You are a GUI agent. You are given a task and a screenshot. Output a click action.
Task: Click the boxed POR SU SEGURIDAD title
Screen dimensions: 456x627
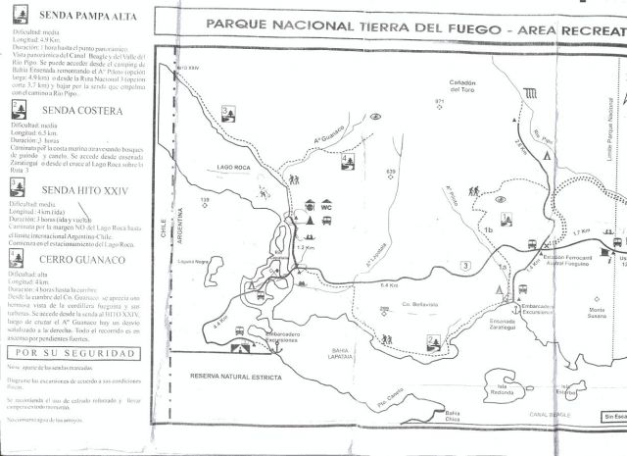pyautogui.click(x=70, y=351)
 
